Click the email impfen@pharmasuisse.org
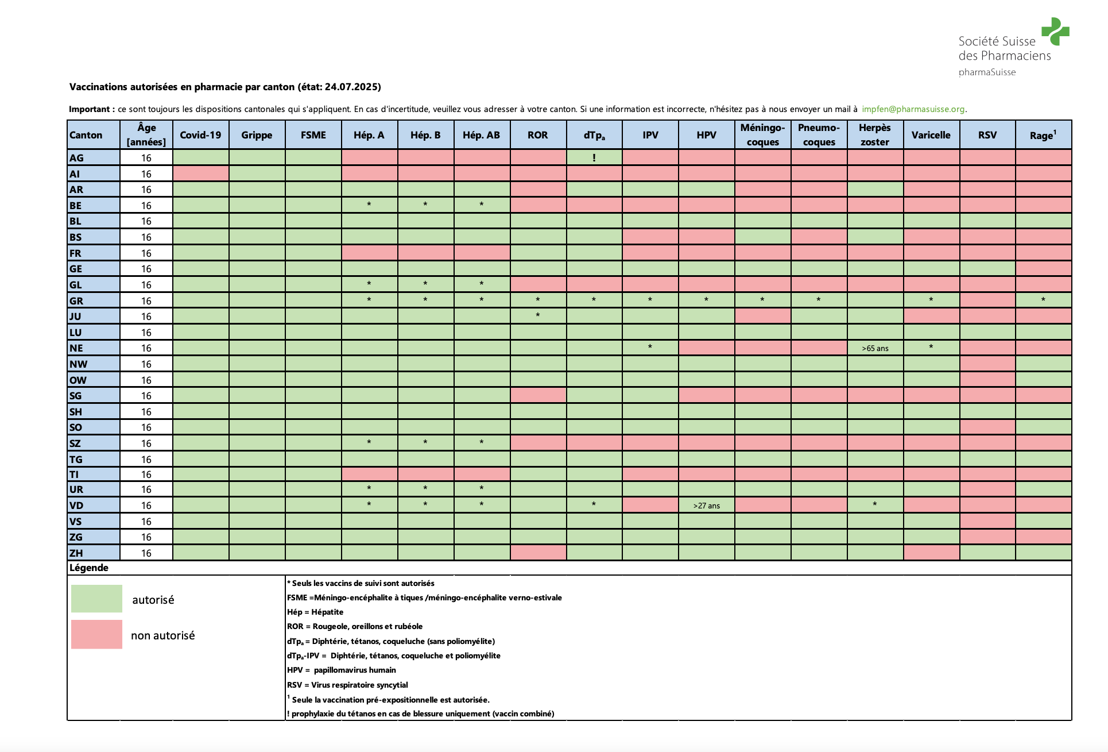[913, 109]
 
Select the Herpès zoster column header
[874, 135]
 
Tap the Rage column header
[1043, 135]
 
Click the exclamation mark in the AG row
[594, 157]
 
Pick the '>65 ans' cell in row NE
[875, 348]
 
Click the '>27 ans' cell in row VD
[706, 506]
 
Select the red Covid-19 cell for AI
[200, 173]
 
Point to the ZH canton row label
[76, 553]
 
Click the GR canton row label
[76, 301]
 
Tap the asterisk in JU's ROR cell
[537, 315]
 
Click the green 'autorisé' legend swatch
[96, 599]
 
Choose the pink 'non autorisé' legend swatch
[96, 634]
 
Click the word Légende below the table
[89, 568]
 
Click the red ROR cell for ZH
[538, 553]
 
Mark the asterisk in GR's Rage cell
[1043, 300]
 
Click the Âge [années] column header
[146, 135]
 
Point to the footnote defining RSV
[347, 685]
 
